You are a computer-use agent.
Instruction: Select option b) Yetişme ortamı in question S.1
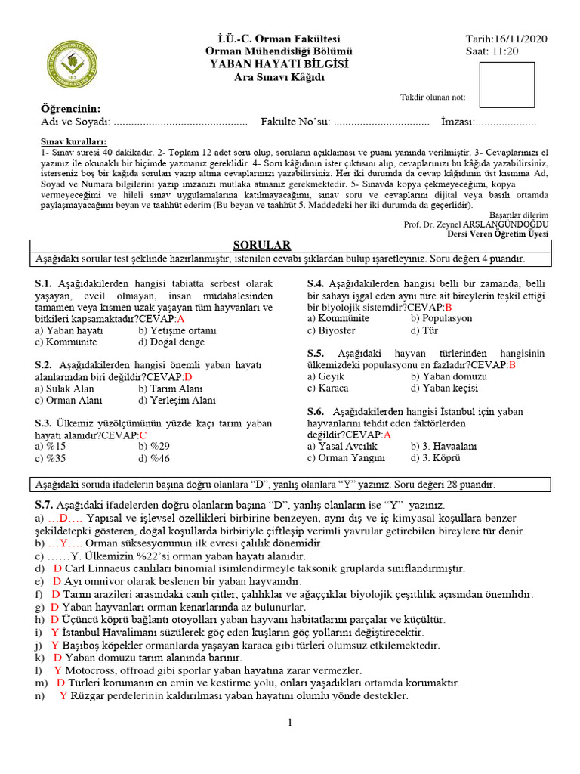[173, 330]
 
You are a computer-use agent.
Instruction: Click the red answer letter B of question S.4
[448, 307]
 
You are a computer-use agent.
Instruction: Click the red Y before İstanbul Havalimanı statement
[54, 632]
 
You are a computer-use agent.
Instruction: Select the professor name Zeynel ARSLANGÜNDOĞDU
[489, 224]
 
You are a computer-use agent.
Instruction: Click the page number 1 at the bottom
[289, 723]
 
